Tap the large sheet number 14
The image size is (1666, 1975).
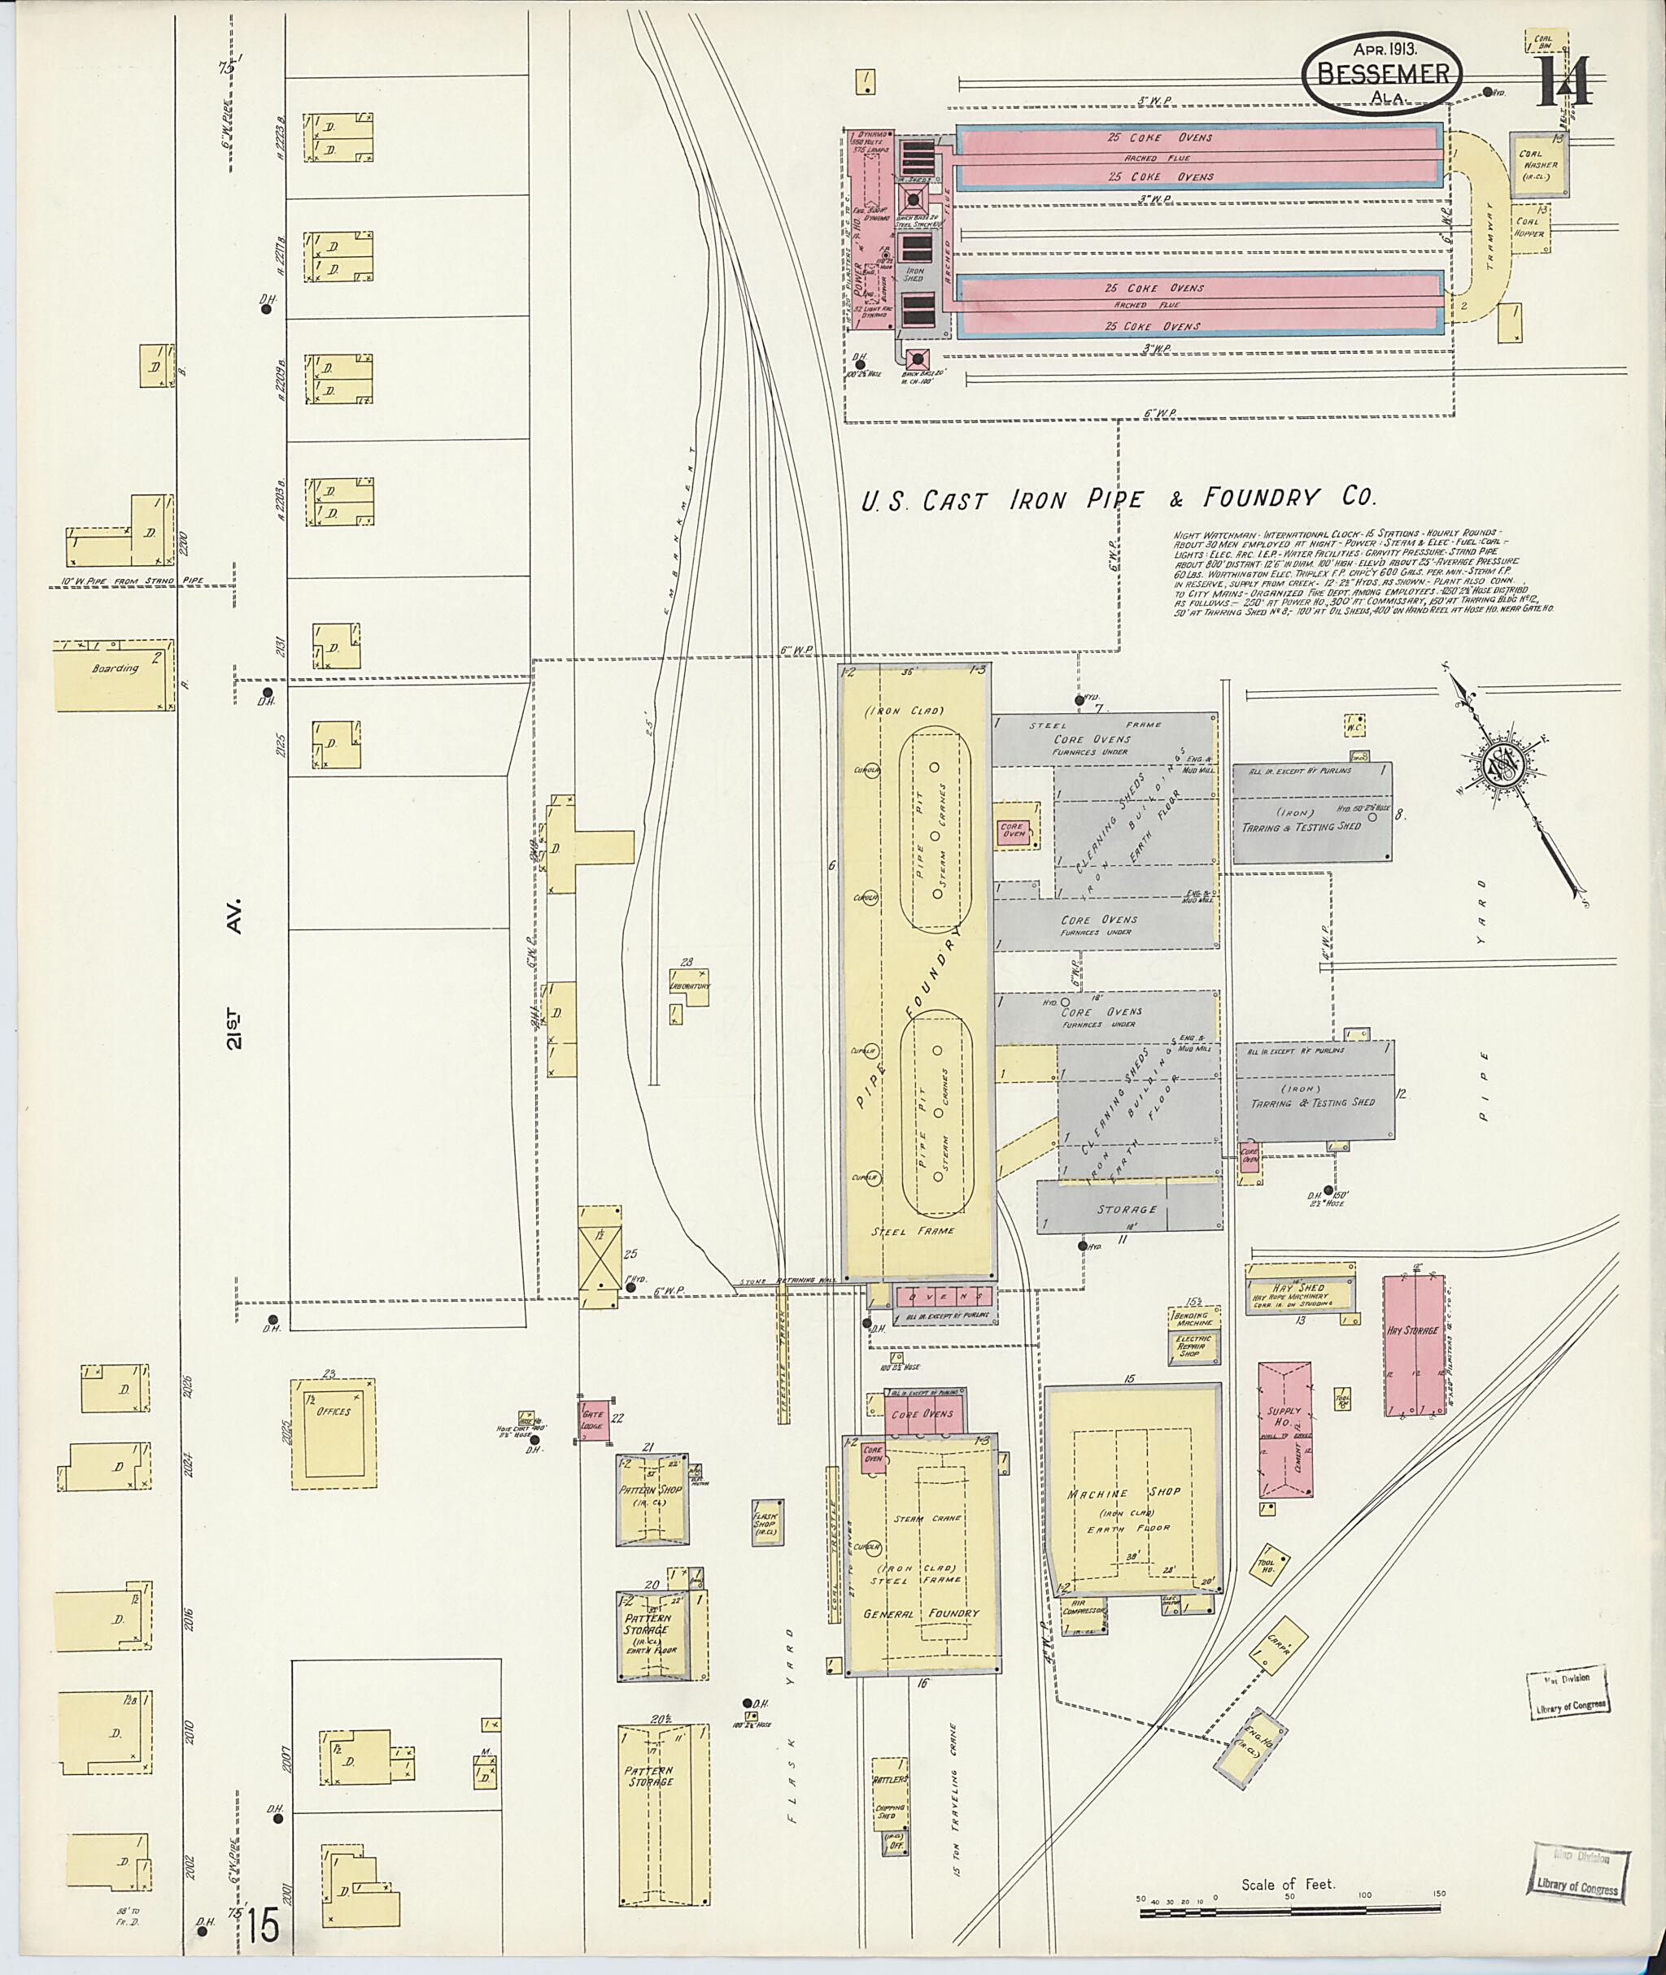point(1564,83)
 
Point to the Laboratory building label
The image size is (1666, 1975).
point(690,985)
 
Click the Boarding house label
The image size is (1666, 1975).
point(116,668)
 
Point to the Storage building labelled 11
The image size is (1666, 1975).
point(1126,1208)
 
